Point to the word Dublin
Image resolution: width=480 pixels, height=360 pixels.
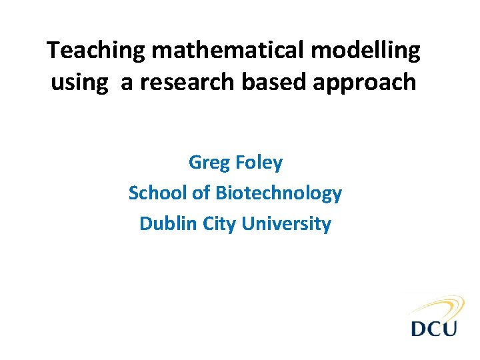pyautogui.click(x=164, y=224)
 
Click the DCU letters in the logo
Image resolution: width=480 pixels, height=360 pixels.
pyautogui.click(x=434, y=329)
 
